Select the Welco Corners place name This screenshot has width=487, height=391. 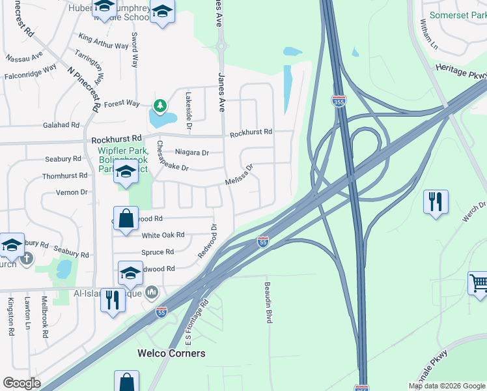171,353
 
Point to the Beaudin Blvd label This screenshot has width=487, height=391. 268,302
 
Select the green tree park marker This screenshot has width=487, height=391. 160,105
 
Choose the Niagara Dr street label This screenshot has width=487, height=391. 192,152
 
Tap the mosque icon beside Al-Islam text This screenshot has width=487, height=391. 152,292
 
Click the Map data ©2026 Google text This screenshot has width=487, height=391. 446,386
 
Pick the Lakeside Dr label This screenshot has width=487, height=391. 188,101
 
